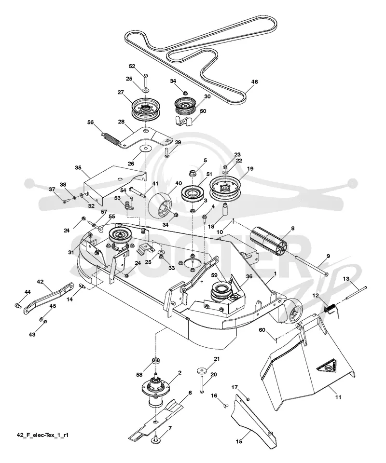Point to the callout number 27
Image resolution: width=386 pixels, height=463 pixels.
(x=121, y=92)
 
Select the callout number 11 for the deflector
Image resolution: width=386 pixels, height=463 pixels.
(x=338, y=397)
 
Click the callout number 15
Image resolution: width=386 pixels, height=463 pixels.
(x=239, y=441)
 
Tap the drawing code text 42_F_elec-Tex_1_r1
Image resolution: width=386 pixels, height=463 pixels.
(x=42, y=435)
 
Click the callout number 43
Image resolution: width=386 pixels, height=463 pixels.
(x=32, y=335)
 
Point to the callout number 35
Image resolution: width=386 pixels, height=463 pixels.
(x=78, y=168)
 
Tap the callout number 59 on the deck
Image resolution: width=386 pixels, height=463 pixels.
(x=214, y=275)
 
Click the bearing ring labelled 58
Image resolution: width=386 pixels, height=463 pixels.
(x=154, y=361)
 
